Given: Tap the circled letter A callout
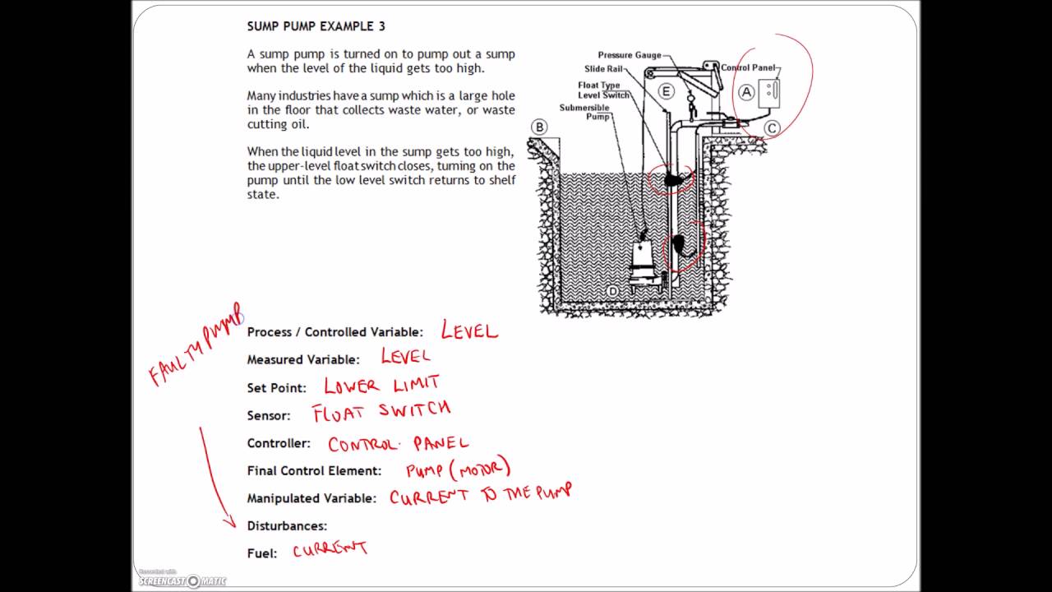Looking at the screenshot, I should tap(746, 92).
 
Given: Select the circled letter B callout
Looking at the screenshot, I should tap(539, 127).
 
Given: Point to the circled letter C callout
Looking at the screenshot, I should tap(772, 127).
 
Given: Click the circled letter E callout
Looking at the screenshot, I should tap(666, 91).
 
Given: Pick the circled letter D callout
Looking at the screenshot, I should tap(611, 291).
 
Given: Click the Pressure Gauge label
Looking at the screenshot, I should tap(629, 55).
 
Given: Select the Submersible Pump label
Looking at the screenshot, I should tap(584, 112).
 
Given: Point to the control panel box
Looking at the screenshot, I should tap(768, 92).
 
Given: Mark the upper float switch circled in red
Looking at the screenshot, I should tap(674, 179).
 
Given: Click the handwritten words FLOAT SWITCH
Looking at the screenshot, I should tap(381, 411).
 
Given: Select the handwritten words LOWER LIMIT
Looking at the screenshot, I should tap(381, 385).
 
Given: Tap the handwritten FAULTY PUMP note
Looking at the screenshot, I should tap(196, 345).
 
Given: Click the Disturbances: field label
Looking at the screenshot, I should tap(287, 525).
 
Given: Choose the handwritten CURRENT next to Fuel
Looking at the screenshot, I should tap(330, 549).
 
